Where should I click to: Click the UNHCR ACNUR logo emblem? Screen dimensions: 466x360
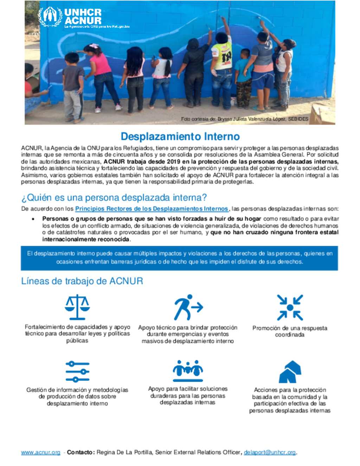50,17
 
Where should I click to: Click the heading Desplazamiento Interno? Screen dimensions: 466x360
180,136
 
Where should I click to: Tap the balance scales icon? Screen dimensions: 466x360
77,307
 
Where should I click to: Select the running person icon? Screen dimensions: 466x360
188,307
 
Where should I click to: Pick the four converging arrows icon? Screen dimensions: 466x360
290,307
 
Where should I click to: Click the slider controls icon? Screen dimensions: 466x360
77,371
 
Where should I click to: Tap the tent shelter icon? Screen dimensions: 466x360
290,372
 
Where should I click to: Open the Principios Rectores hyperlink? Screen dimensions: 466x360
152,209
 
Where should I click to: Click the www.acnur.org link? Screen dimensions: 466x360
41,453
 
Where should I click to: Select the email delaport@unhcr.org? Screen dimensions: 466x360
270,453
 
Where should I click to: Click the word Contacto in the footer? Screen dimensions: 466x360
81,453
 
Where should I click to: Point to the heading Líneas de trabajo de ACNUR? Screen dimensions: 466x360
82,281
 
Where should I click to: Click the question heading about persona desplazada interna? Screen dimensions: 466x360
114,198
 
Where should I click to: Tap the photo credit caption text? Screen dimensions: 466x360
245,119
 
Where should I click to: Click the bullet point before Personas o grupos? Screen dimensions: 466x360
33,219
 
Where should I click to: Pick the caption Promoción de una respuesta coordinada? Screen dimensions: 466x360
290,331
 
